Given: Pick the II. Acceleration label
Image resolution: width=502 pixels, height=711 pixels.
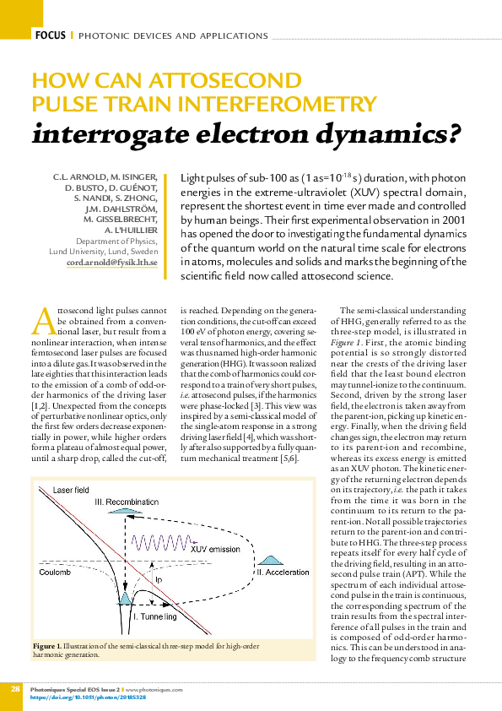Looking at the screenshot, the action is coord(284,573).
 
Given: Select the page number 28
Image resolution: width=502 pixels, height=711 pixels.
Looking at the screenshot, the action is coord(15,690).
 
